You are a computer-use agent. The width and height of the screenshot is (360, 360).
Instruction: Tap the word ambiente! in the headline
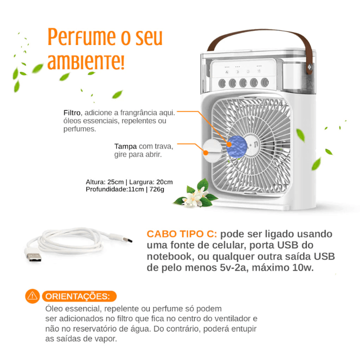tap(85, 62)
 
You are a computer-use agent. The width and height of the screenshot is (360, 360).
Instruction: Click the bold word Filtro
tap(72, 112)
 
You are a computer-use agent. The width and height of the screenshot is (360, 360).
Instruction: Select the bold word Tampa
tap(125, 146)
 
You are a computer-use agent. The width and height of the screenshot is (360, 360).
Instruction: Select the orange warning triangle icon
tap(33, 296)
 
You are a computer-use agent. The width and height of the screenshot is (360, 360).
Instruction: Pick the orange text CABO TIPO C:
tap(182, 234)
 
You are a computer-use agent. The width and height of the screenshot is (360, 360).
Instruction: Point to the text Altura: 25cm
tap(104, 182)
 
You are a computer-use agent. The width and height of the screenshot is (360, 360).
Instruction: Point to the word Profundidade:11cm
tap(114, 189)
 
